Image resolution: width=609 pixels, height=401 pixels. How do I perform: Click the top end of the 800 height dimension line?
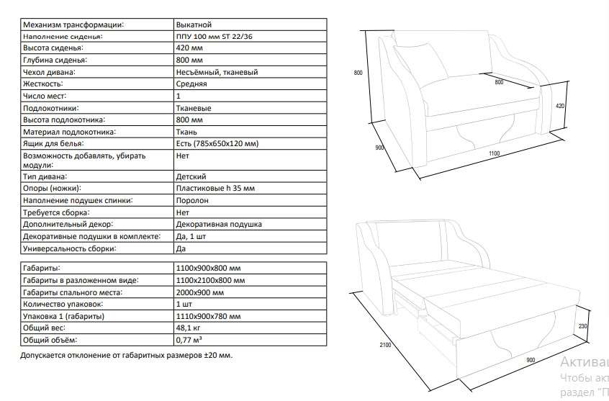pos(366,31)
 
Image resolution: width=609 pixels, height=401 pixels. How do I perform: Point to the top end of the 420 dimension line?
pos(567,81)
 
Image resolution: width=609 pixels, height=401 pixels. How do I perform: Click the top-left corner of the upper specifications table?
pos(21,18)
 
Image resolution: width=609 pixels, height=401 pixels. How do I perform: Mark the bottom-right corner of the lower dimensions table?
pos(327,346)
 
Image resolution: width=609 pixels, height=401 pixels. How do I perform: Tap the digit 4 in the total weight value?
pos(179,328)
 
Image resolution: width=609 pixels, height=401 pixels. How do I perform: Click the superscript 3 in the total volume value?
pos(200,338)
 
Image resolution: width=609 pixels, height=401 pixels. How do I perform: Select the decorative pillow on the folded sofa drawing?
pos(421,62)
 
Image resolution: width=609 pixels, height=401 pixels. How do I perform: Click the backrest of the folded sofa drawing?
pos(443,55)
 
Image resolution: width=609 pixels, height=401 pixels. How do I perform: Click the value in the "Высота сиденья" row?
pos(189,48)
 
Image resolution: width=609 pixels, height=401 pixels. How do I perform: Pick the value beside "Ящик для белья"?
pos(217,144)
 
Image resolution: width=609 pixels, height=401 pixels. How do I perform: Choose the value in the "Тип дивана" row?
pos(191,177)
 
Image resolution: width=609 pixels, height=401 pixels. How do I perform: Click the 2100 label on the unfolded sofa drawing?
pos(385,345)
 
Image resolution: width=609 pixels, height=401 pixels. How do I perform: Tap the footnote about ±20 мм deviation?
pos(126,355)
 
